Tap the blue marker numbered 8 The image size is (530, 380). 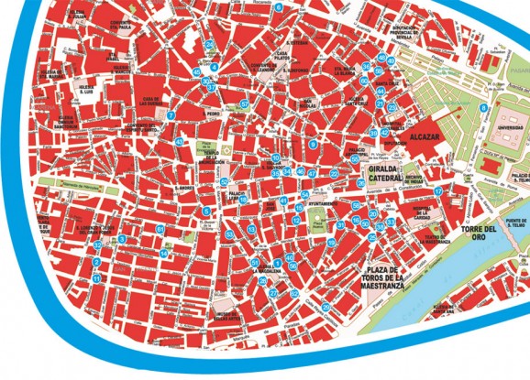[482, 108]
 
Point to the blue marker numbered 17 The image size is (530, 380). [438, 191]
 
